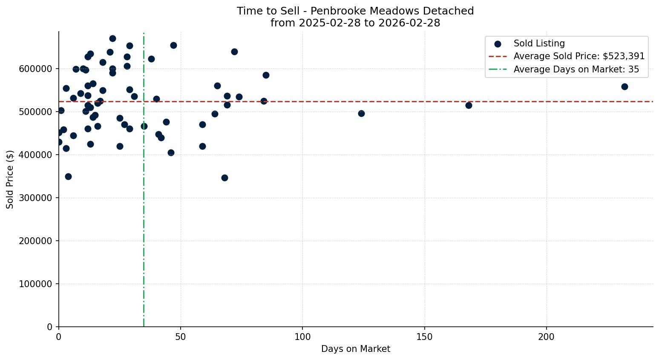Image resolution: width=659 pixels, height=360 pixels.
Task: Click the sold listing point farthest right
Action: click(x=624, y=86)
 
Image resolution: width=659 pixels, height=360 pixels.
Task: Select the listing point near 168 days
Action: click(x=469, y=105)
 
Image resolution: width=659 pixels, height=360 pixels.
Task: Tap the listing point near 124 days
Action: click(x=361, y=113)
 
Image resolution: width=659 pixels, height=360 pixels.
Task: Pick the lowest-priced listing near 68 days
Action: click(x=224, y=178)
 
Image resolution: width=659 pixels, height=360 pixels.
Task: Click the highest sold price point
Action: click(x=112, y=38)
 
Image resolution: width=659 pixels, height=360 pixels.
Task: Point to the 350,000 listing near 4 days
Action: click(x=68, y=176)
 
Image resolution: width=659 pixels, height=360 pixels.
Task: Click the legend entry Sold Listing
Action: click(x=539, y=43)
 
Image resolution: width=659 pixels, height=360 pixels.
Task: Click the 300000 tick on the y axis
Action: click(x=35, y=198)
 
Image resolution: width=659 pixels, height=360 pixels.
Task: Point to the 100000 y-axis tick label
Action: click(x=35, y=284)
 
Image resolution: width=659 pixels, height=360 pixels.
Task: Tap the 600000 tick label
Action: click(x=35, y=69)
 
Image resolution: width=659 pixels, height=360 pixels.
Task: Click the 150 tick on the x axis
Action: click(x=424, y=337)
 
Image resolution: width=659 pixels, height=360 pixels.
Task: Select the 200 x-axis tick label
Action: click(x=546, y=337)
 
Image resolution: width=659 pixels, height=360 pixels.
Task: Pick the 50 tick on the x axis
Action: click(x=181, y=337)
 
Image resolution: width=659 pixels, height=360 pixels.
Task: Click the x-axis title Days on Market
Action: click(x=356, y=349)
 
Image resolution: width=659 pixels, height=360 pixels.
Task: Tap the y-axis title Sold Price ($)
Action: click(x=10, y=179)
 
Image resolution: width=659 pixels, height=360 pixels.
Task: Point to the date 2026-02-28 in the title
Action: click(x=412, y=23)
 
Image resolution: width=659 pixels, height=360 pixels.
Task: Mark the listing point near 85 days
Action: click(x=266, y=75)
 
